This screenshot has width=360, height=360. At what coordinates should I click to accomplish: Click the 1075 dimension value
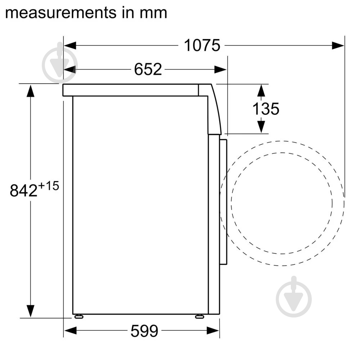[202, 45]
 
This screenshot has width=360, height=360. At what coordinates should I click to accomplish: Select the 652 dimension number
[148, 69]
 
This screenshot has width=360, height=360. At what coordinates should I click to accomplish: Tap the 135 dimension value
[266, 109]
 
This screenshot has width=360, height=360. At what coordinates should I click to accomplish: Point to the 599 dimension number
[144, 330]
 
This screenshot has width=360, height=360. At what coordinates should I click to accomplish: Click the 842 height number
[23, 190]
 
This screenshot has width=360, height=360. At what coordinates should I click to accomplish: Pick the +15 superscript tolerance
[49, 186]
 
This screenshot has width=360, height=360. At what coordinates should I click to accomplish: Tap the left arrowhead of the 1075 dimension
[70, 45]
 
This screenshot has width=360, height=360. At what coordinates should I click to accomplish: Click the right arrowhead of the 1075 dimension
[338, 45]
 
